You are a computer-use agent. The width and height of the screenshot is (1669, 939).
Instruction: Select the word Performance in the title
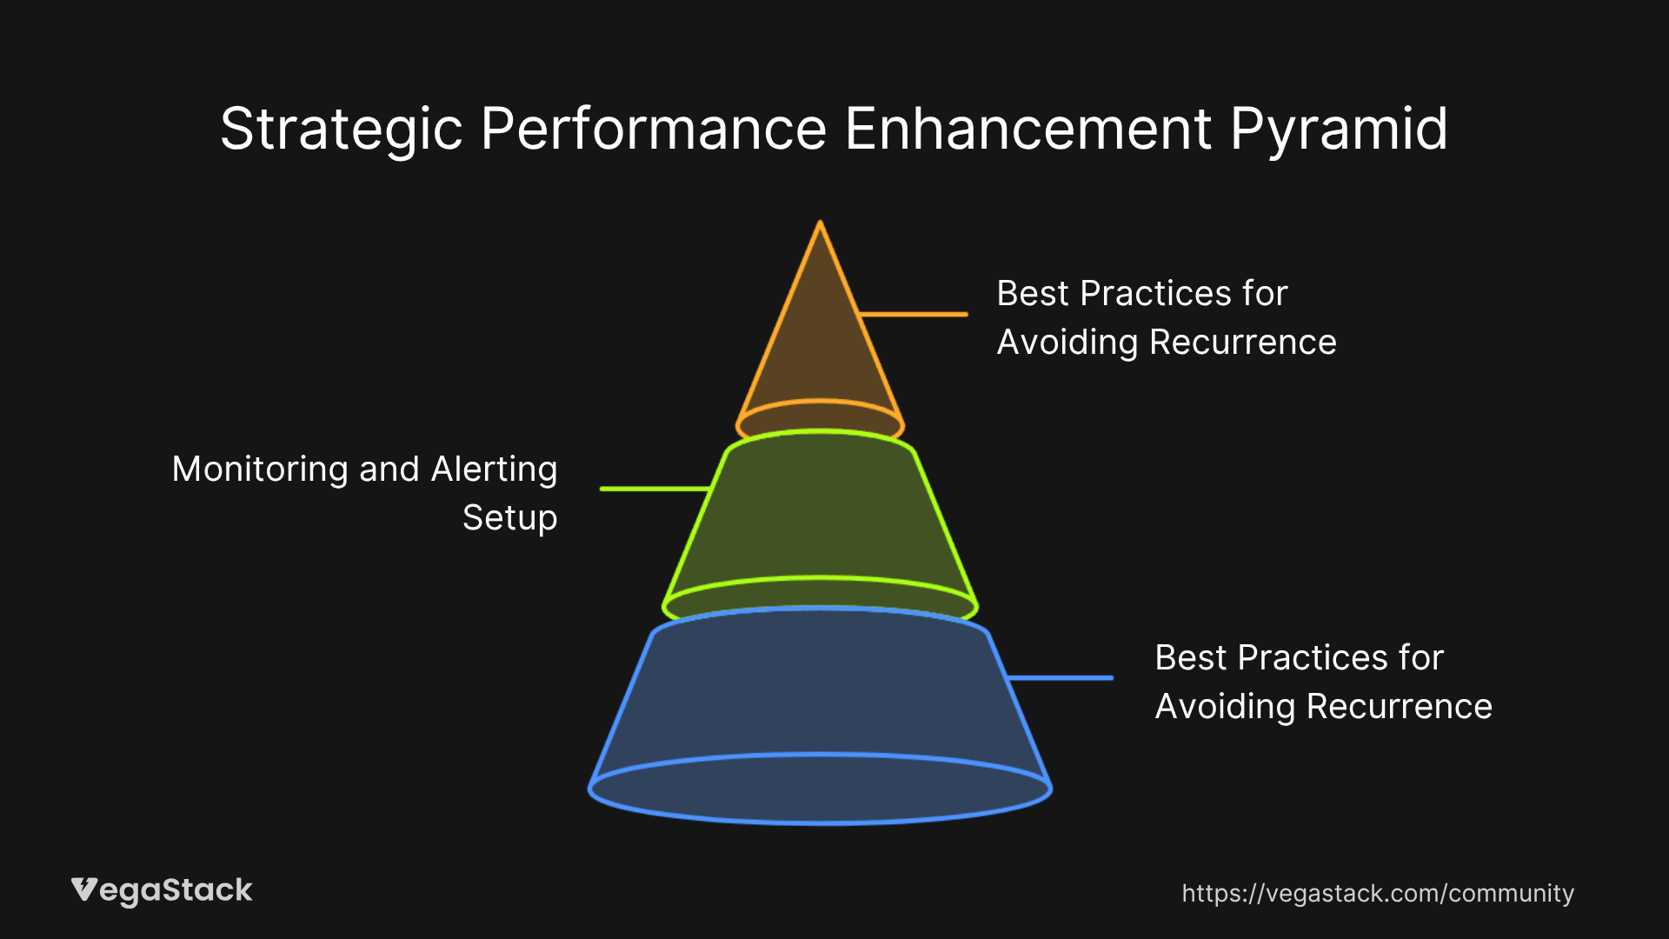[653, 129]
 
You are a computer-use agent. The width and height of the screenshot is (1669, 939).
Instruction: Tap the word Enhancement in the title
[1027, 129]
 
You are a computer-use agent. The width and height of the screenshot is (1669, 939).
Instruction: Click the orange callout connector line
[913, 314]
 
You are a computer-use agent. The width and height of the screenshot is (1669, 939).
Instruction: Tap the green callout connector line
[655, 489]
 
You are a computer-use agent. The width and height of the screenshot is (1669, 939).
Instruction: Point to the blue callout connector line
[1060, 677]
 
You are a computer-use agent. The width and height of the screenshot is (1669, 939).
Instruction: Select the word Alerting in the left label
[494, 470]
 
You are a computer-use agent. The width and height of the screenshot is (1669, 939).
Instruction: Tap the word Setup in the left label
[509, 519]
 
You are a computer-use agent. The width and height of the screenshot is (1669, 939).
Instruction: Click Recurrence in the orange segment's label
[1243, 342]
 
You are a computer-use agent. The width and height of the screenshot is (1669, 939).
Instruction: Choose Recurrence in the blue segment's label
[1399, 706]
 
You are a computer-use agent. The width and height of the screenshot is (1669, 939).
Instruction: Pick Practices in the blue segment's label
[1313, 657]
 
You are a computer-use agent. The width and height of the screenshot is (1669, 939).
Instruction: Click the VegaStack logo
[162, 891]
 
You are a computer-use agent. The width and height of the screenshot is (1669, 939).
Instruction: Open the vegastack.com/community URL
[1378, 894]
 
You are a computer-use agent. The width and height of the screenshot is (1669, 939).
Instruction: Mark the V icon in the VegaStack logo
[84, 889]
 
